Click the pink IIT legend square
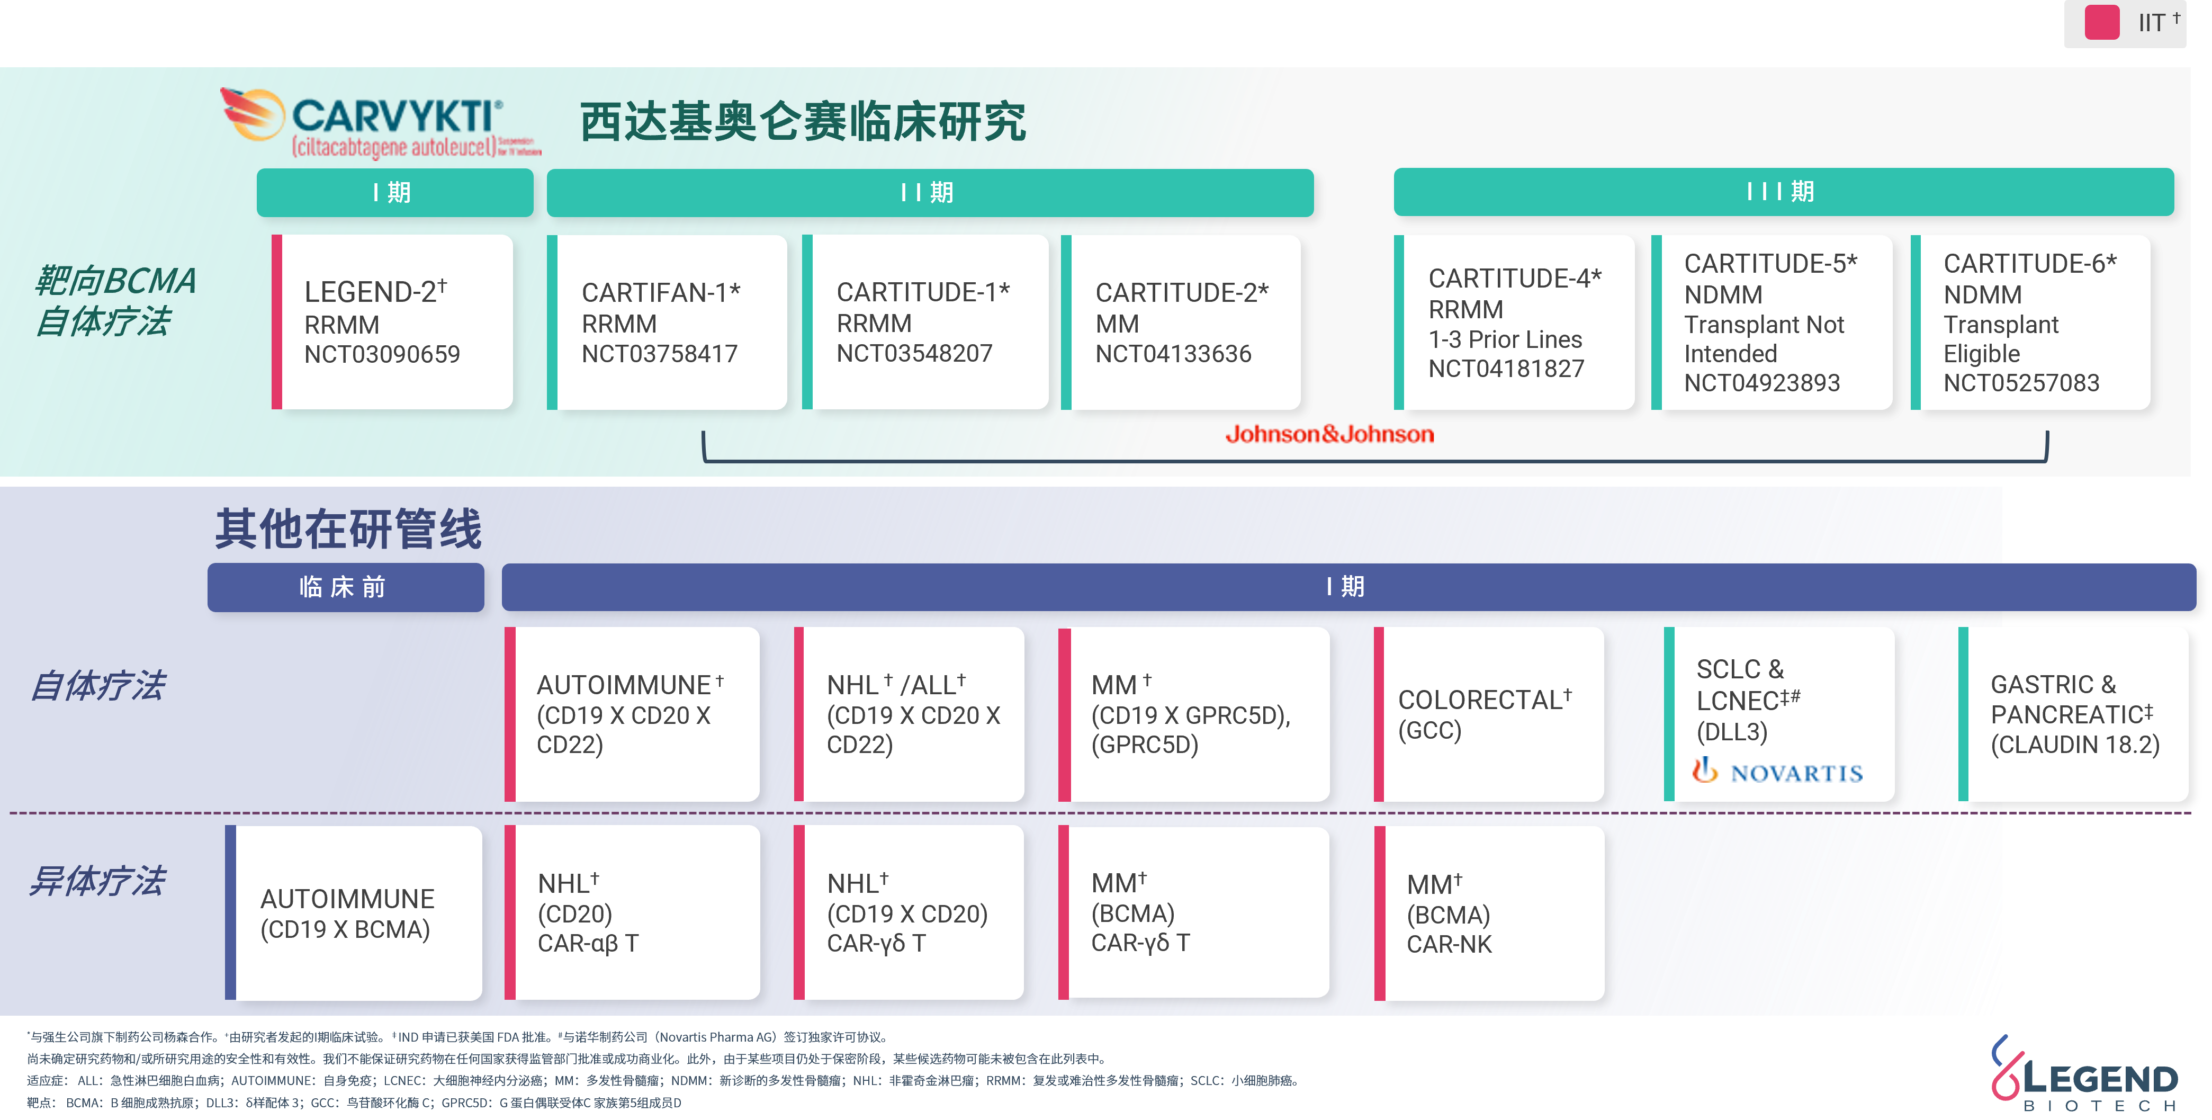(2102, 22)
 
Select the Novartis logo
(1777, 770)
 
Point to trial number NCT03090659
(382, 354)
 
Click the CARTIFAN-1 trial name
(660, 293)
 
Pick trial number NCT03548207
(914, 353)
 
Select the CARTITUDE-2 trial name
(1182, 293)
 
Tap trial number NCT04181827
(1506, 369)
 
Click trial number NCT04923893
(1762, 382)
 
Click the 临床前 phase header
(343, 587)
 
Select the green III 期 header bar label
(1780, 192)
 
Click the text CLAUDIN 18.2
(2075, 745)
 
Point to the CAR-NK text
(1450, 945)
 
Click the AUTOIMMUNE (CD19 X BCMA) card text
(347, 914)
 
